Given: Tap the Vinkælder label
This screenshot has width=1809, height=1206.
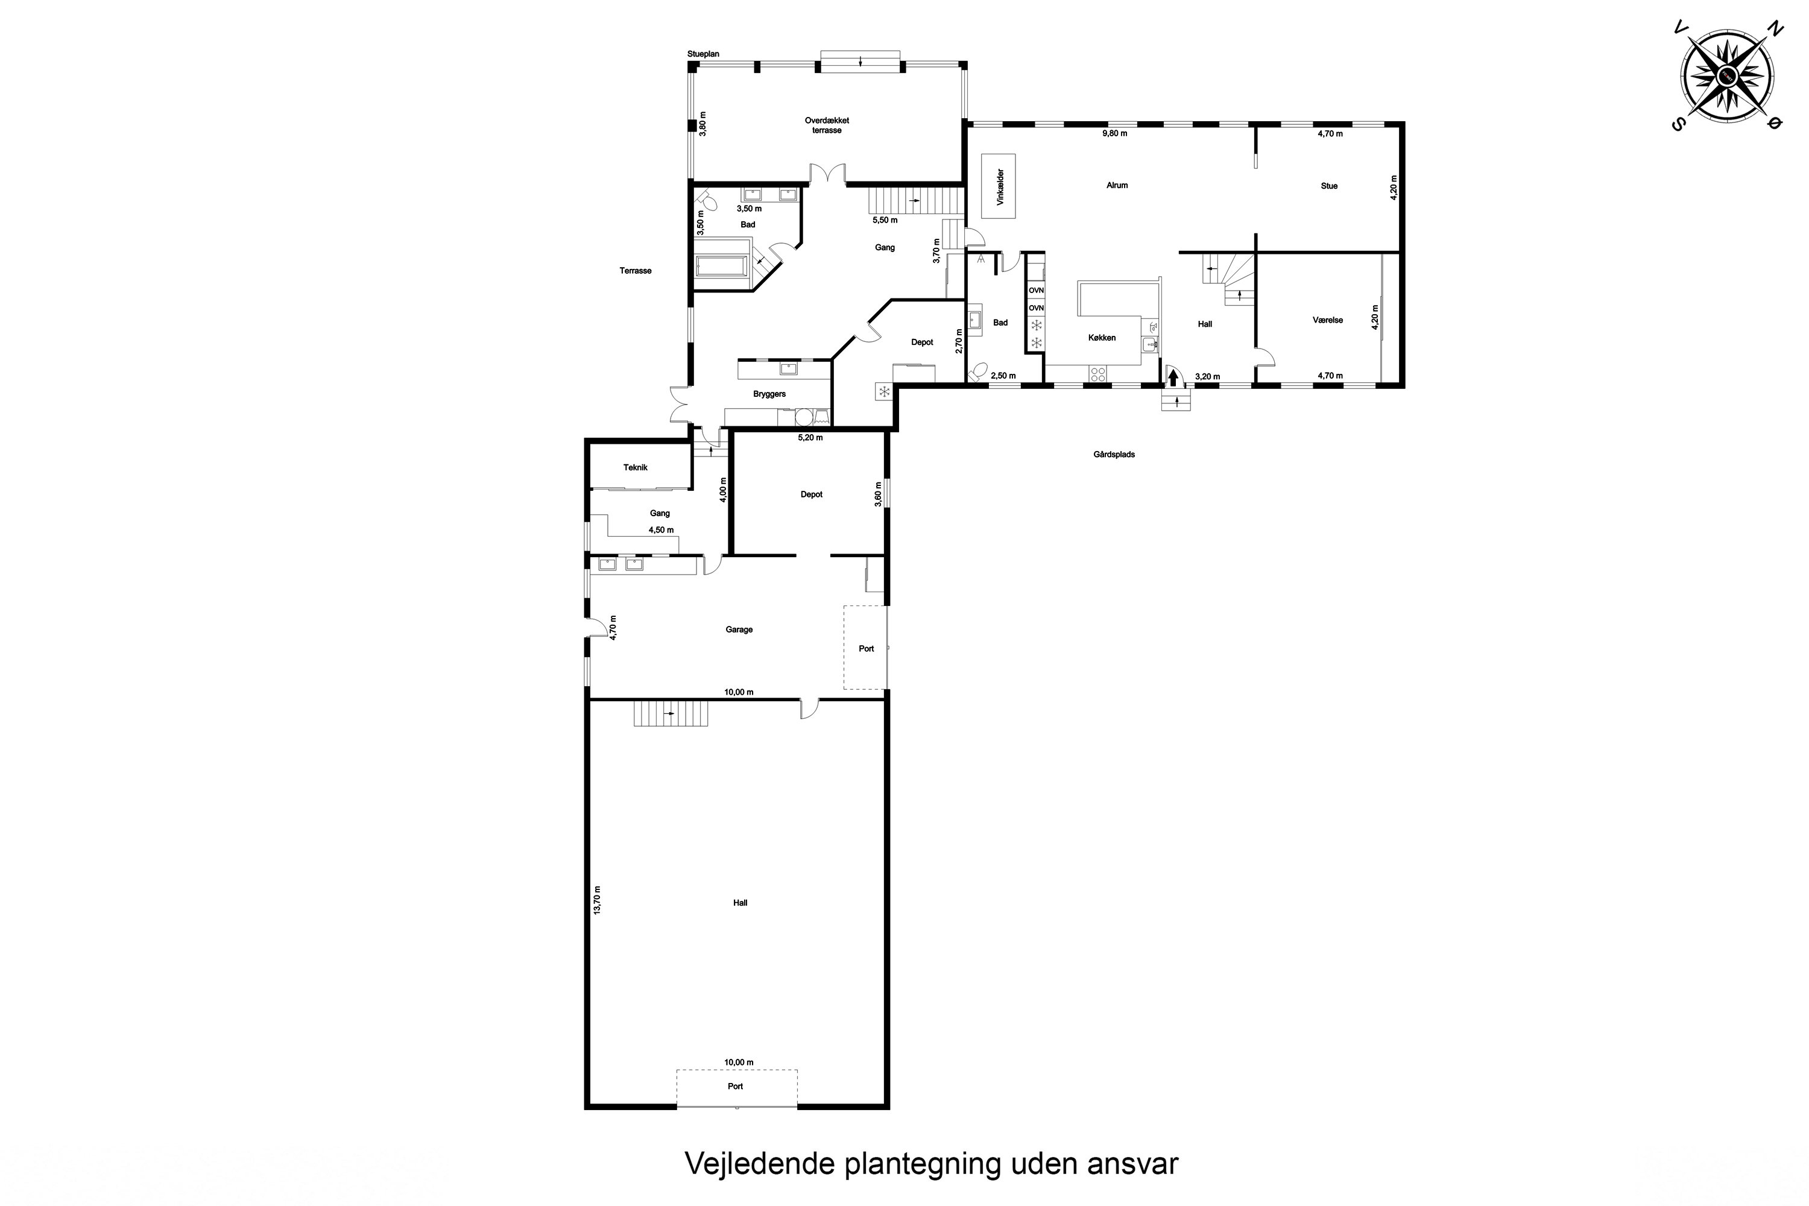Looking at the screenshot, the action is [1000, 187].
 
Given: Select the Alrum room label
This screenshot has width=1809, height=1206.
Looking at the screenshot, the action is [1117, 185].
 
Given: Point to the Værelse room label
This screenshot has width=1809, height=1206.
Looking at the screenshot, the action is [1328, 320].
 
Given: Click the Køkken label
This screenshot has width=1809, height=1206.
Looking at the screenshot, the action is [1102, 338].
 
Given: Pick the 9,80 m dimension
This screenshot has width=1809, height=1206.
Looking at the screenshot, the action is [1114, 133].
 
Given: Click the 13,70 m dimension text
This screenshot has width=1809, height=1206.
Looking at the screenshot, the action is [598, 900].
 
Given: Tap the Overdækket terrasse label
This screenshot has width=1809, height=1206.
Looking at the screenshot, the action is [827, 125].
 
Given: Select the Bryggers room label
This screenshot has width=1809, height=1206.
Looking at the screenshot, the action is [769, 394].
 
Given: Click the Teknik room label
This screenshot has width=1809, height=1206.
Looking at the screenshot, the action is [636, 468].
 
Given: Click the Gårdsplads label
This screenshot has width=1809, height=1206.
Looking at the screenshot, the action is [1114, 455].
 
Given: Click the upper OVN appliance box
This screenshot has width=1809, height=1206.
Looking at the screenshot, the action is [1036, 290].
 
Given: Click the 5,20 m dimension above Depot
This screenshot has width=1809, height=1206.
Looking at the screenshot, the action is [810, 438].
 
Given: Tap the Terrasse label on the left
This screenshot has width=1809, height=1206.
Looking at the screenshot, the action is [636, 271].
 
